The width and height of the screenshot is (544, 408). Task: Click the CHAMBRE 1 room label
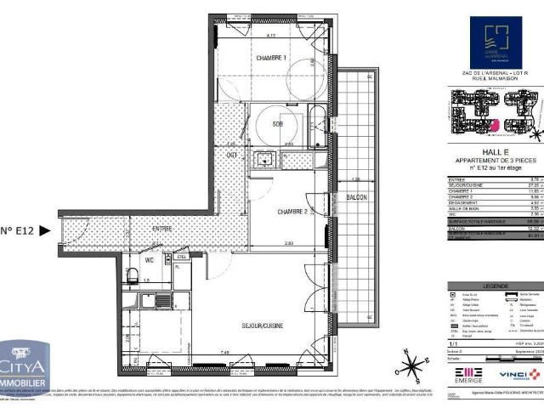tap(272, 58)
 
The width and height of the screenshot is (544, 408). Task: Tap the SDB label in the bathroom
tap(277, 125)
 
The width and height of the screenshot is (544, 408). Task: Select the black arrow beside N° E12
tap(45, 229)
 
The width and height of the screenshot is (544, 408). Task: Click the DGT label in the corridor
tap(231, 154)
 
